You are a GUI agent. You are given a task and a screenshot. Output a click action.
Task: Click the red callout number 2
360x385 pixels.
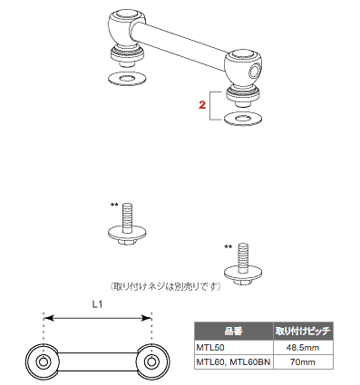[x=202, y=105]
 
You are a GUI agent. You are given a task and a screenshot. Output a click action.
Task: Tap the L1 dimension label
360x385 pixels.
[x=97, y=304]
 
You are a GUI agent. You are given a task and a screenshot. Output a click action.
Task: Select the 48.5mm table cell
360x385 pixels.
[x=303, y=348]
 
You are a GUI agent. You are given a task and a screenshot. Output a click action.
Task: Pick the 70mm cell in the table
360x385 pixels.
[x=303, y=361]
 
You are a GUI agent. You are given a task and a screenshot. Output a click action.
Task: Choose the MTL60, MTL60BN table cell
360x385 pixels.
[x=234, y=361]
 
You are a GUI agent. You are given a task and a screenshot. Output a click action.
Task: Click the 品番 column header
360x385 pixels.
[x=234, y=332]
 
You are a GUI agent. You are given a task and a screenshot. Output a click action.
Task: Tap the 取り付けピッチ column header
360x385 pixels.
[x=303, y=332]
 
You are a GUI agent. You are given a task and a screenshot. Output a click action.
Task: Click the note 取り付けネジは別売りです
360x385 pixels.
[x=165, y=286]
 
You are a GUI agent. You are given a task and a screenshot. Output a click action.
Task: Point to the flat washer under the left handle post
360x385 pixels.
[x=127, y=79]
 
